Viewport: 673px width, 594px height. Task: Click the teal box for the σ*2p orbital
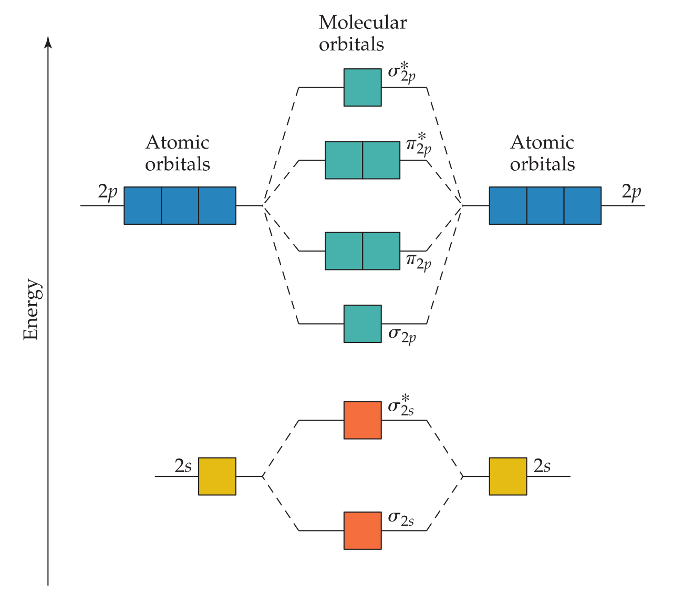[363, 87]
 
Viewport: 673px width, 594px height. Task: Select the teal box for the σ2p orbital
[363, 324]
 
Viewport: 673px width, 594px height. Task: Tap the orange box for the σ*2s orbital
[363, 420]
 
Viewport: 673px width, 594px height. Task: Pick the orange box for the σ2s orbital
[363, 530]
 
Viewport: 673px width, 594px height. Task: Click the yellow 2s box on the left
[217, 476]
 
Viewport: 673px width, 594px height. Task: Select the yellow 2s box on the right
[508, 476]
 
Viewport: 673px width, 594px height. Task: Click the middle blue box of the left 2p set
[180, 205]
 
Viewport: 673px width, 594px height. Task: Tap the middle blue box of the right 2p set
[545, 205]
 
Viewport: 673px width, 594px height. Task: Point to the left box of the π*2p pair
[344, 160]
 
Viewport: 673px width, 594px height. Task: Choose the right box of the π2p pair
[381, 251]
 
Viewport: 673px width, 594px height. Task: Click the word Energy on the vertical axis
[32, 310]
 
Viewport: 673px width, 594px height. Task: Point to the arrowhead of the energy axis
[48, 41]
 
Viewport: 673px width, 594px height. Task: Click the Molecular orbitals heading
[363, 33]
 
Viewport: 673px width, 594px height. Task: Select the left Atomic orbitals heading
[178, 153]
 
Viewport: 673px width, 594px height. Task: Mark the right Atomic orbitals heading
[542, 153]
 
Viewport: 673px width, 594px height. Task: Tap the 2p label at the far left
[108, 193]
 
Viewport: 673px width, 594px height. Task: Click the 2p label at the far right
[631, 193]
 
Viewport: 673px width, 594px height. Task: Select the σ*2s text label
[401, 407]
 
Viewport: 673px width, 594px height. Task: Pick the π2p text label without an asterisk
[418, 260]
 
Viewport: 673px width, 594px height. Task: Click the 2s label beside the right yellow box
[542, 466]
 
